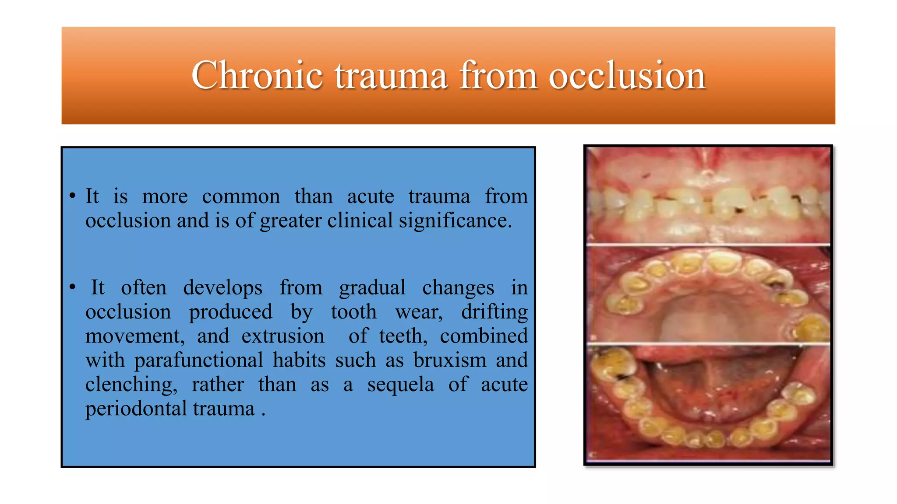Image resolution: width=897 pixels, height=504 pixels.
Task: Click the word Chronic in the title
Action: [257, 75]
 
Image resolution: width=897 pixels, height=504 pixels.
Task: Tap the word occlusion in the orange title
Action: [627, 75]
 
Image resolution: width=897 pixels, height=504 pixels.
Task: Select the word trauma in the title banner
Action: [391, 75]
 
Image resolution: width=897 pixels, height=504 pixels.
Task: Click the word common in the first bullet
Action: [241, 196]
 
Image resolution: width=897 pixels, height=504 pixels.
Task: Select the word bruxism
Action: [450, 360]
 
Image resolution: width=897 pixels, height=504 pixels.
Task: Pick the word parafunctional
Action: [198, 360]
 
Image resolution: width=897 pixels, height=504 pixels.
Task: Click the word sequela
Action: [400, 385]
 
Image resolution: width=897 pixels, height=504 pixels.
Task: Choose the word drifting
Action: [494, 312]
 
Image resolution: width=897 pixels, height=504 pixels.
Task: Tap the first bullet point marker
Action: [73, 196]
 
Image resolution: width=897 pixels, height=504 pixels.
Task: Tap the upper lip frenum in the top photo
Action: [706, 164]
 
